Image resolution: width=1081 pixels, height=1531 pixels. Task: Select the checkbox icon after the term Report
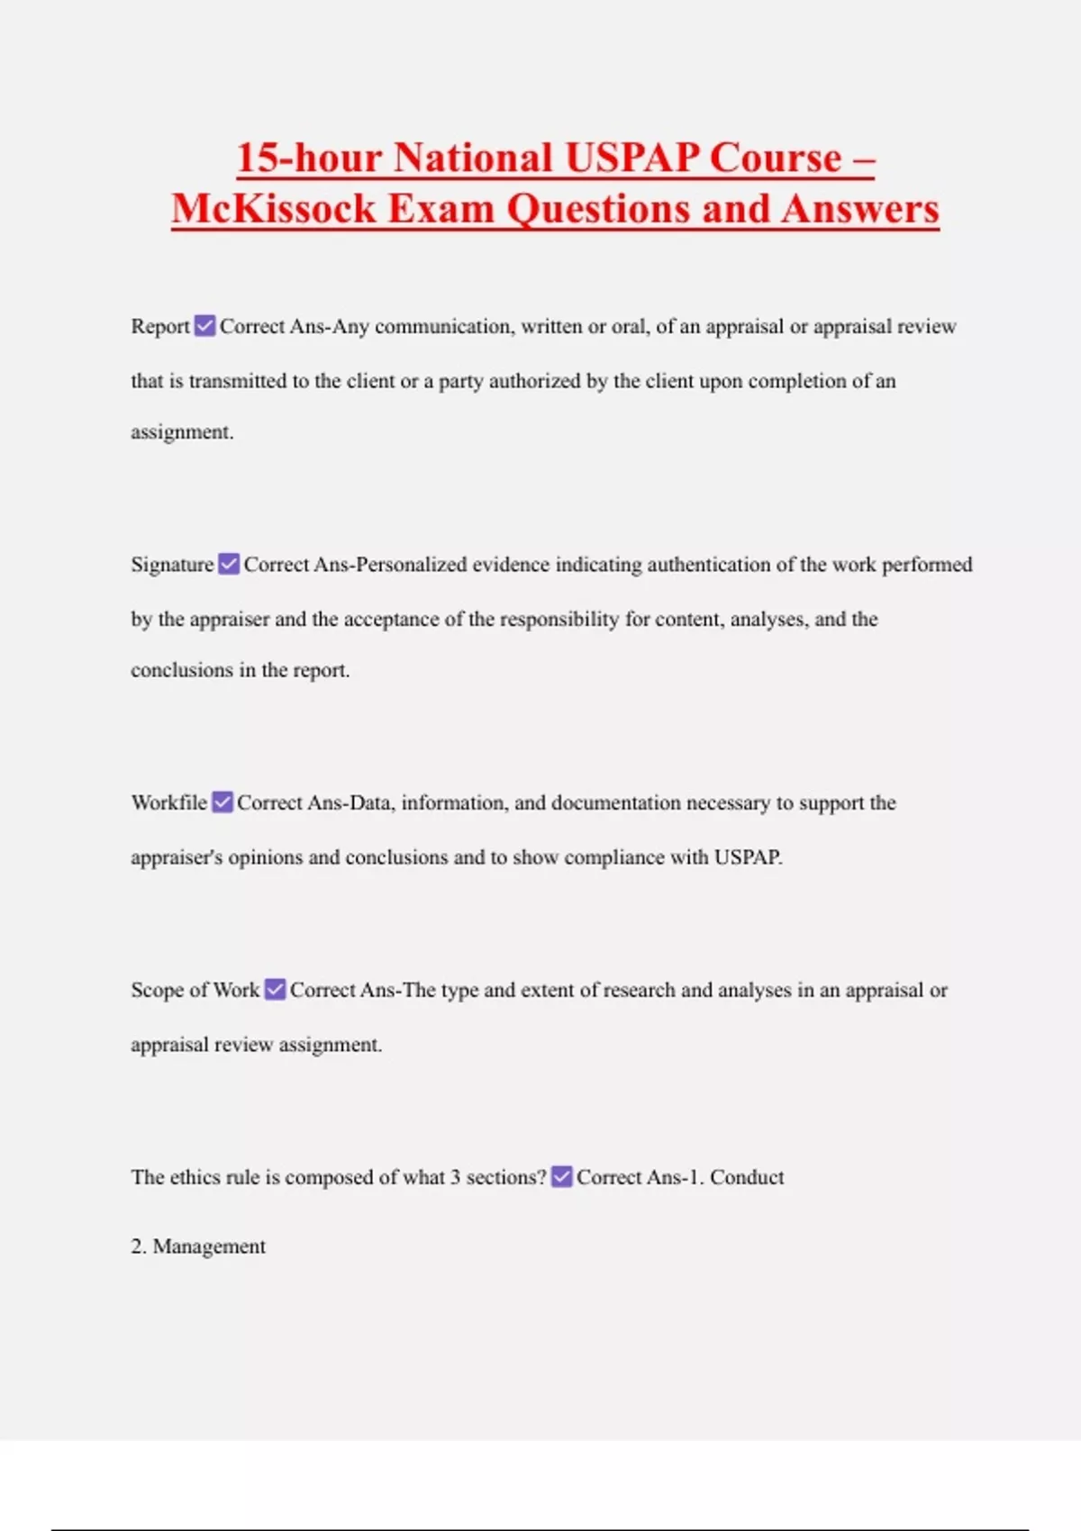click(205, 326)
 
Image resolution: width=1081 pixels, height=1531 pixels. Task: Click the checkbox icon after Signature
click(229, 565)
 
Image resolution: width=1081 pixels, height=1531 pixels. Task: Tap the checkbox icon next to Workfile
click(223, 802)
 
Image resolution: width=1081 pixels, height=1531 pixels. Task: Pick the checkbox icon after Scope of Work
click(275, 990)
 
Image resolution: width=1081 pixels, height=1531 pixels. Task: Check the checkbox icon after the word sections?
click(561, 1177)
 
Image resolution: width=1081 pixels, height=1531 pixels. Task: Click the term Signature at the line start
click(172, 565)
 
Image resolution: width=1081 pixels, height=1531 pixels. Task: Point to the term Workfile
click(168, 802)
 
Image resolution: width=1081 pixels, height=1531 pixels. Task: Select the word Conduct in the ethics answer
click(747, 1177)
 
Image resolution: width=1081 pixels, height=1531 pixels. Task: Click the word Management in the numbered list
click(209, 1246)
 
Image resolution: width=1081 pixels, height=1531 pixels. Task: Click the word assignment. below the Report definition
click(182, 432)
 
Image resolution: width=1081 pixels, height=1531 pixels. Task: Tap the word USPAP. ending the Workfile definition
click(748, 857)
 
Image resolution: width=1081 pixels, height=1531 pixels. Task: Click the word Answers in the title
click(860, 209)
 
